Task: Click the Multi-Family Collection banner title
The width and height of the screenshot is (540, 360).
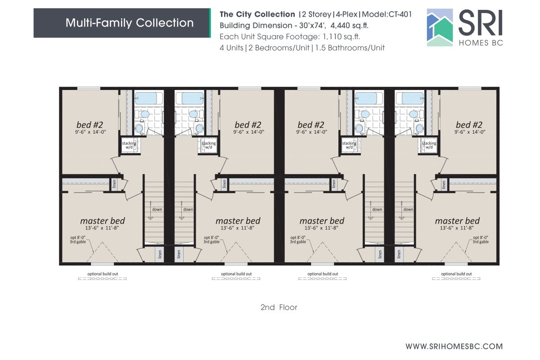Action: (x=130, y=23)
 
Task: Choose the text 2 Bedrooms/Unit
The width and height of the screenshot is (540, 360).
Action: (x=281, y=48)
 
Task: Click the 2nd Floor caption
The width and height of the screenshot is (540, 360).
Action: (x=279, y=308)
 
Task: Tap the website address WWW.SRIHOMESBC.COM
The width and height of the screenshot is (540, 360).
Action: (x=454, y=346)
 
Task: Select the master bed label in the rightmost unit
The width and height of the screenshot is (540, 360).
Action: (x=457, y=221)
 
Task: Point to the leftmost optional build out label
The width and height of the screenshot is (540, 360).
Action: (x=103, y=274)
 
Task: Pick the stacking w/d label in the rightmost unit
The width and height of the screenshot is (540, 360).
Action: (x=429, y=145)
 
